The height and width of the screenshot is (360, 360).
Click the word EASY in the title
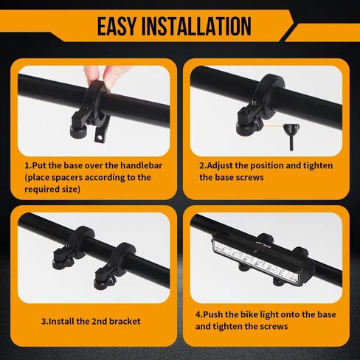[x=117, y=26]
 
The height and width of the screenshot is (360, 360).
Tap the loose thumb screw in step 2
[x=291, y=136]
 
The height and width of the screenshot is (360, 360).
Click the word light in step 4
[x=269, y=315]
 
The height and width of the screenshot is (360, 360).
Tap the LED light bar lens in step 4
[x=256, y=261]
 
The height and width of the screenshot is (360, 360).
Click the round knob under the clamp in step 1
[x=78, y=131]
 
